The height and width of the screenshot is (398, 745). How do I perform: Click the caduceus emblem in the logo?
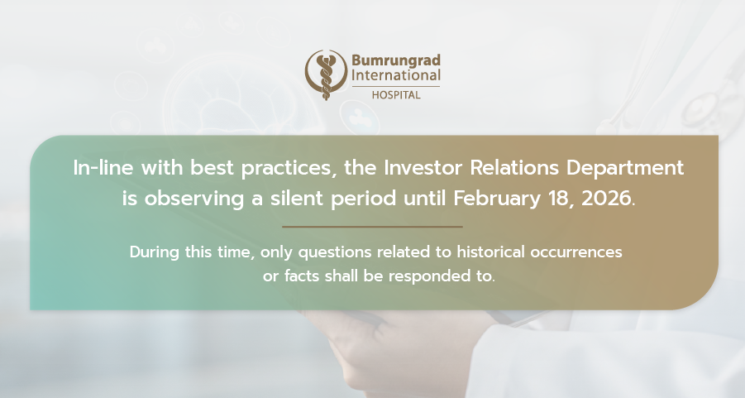pyautogui.click(x=326, y=74)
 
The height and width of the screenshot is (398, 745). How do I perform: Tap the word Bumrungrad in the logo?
pyautogui.click(x=396, y=61)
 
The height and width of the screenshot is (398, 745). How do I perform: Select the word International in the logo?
pyautogui.click(x=396, y=75)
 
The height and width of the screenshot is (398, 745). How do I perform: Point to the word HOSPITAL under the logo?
pyautogui.click(x=396, y=95)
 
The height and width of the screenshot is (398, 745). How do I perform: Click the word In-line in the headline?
pyautogui.click(x=103, y=168)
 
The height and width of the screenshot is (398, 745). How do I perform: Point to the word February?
pyautogui.click(x=496, y=199)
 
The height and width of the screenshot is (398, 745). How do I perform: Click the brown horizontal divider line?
pyautogui.click(x=372, y=227)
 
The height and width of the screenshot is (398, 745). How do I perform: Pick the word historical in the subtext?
pyautogui.click(x=491, y=252)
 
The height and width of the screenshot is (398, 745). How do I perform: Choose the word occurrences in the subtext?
pyautogui.click(x=575, y=252)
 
